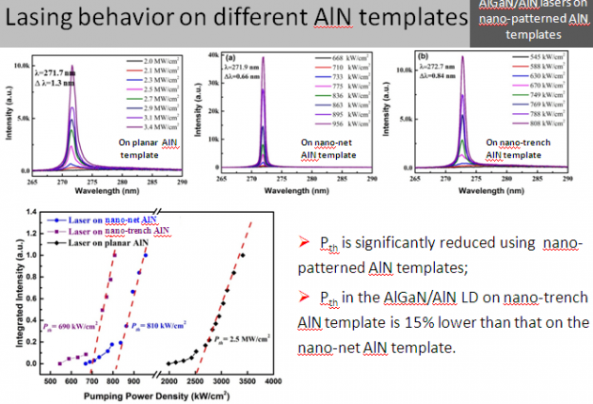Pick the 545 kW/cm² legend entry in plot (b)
537,57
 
